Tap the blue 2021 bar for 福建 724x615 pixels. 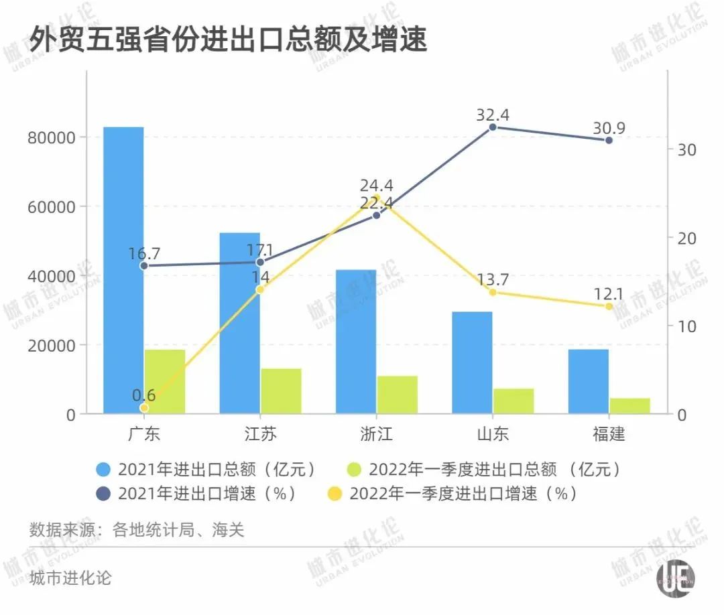(588, 381)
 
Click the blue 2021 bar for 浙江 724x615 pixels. (356, 341)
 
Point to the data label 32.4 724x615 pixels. (493, 115)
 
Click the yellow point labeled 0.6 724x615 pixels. (144, 407)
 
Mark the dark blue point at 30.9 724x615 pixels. (609, 140)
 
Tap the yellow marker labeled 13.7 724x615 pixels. (493, 292)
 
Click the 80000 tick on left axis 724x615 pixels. (51, 138)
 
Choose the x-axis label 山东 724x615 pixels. (493, 434)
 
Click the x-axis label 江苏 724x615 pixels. (261, 434)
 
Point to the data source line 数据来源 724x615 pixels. (137, 531)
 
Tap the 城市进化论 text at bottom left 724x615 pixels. (70, 577)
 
